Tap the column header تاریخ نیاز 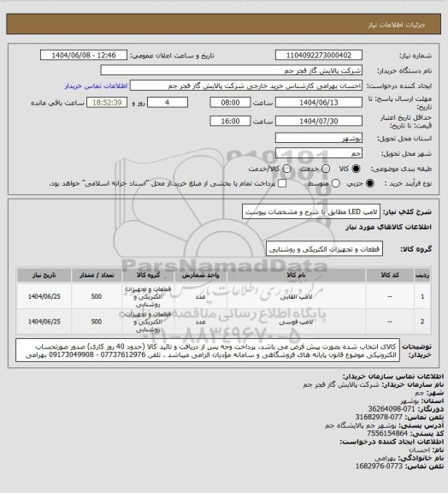click(43, 276)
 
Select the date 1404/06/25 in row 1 click(43, 296)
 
